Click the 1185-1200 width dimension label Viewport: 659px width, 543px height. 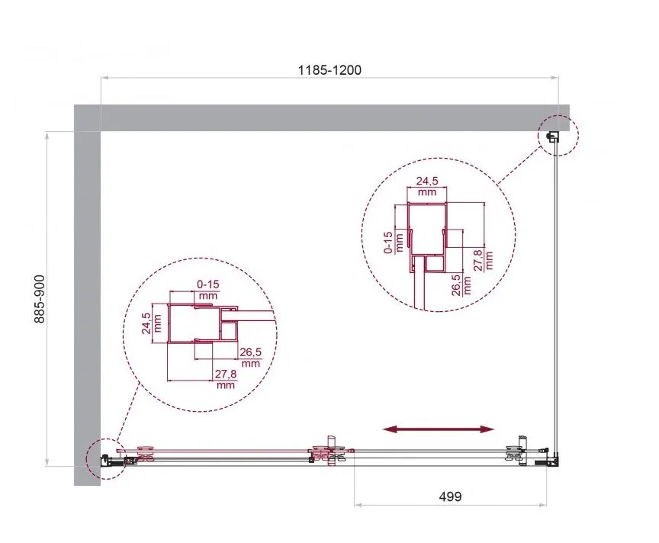coord(329,69)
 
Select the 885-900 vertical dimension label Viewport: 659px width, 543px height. coord(39,299)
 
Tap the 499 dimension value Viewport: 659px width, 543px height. coord(450,496)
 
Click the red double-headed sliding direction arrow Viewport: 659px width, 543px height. coord(439,429)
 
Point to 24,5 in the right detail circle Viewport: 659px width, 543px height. coord(427,181)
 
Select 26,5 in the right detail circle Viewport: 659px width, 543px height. coord(456,285)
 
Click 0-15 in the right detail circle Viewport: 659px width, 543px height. coord(388,243)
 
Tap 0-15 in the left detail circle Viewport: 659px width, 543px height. coord(208,284)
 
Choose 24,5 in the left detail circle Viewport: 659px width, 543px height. coord(146,323)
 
